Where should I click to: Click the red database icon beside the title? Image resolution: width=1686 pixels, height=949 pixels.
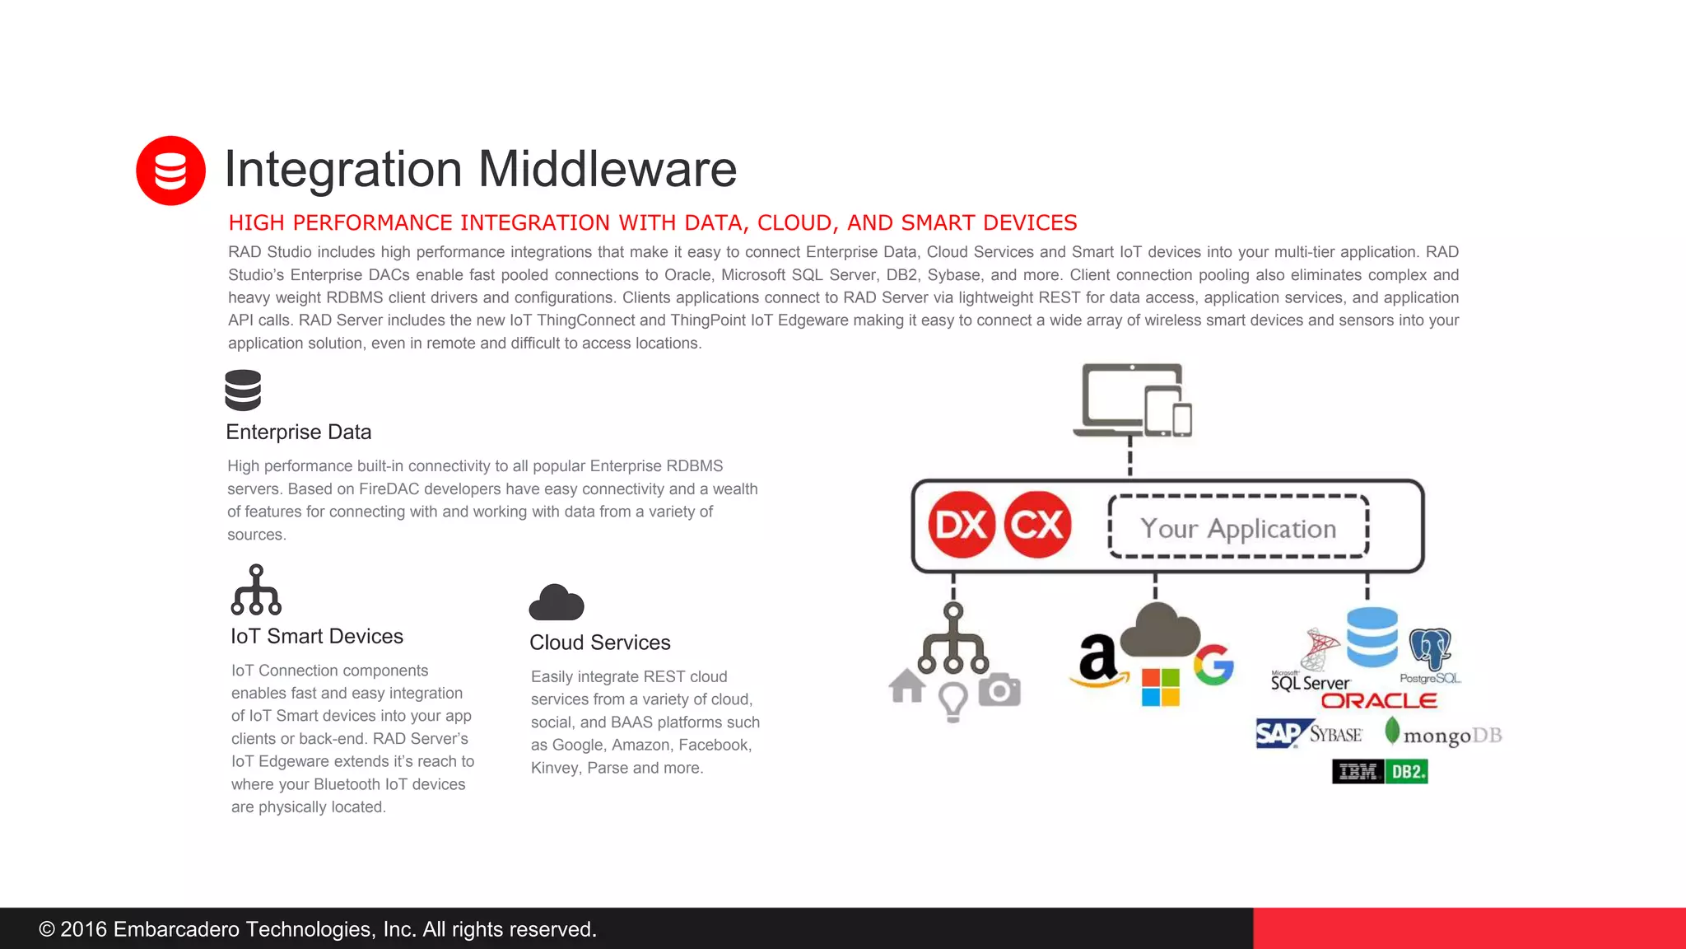pyautogui.click(x=170, y=171)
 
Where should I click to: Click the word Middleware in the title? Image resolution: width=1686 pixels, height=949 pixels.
pyautogui.click(x=607, y=169)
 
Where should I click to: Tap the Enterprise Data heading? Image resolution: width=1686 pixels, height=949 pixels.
pyautogui.click(x=298, y=432)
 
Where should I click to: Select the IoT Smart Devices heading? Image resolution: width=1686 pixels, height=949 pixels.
pyautogui.click(x=316, y=636)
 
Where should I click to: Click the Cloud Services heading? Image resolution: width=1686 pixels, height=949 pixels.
pyautogui.click(x=599, y=643)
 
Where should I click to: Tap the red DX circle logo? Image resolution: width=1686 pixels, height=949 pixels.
pyautogui.click(x=962, y=525)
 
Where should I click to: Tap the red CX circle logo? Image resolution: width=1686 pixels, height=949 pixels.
pyautogui.click(x=1037, y=525)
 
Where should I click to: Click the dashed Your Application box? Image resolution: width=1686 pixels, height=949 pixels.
pyautogui.click(x=1238, y=527)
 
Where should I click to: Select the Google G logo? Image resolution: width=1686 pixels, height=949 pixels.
pyautogui.click(x=1213, y=665)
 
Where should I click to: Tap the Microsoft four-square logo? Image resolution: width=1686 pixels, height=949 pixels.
pyautogui.click(x=1160, y=687)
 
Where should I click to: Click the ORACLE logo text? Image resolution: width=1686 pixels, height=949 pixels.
pyautogui.click(x=1379, y=701)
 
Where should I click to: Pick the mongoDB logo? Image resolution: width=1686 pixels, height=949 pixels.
pyautogui.click(x=1444, y=733)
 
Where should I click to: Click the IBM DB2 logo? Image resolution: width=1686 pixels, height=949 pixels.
pyautogui.click(x=1380, y=772)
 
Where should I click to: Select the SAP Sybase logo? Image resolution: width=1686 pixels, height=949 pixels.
pyautogui.click(x=1309, y=733)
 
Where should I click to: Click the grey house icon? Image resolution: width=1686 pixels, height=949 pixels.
pyautogui.click(x=907, y=686)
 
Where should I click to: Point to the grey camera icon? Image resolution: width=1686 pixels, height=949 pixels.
pyautogui.click(x=999, y=690)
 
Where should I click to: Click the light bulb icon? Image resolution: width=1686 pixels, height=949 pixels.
pyautogui.click(x=952, y=702)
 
